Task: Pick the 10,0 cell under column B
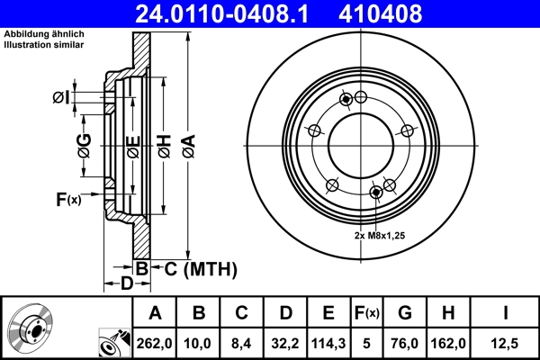199,344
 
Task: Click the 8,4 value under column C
242,344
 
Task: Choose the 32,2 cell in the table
285,344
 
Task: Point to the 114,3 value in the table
328,344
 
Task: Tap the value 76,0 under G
405,344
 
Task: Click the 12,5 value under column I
506,344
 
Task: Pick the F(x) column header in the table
367,313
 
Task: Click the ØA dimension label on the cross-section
187,145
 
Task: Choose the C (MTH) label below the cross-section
200,268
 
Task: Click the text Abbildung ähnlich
44,35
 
